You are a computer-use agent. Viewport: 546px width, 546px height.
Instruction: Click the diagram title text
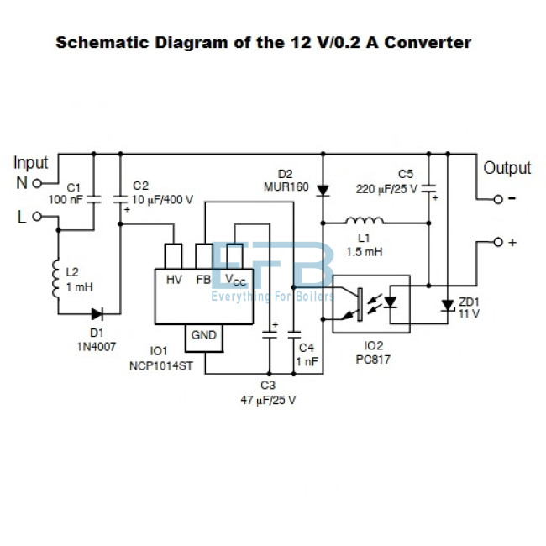[x=264, y=43]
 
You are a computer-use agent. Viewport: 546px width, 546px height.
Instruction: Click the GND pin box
[x=203, y=335]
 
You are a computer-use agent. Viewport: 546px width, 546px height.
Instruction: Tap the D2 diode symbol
[x=322, y=190]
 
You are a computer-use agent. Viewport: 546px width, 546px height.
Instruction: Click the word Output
[x=507, y=168]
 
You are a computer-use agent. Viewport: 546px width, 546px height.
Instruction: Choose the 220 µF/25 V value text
[x=386, y=188]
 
